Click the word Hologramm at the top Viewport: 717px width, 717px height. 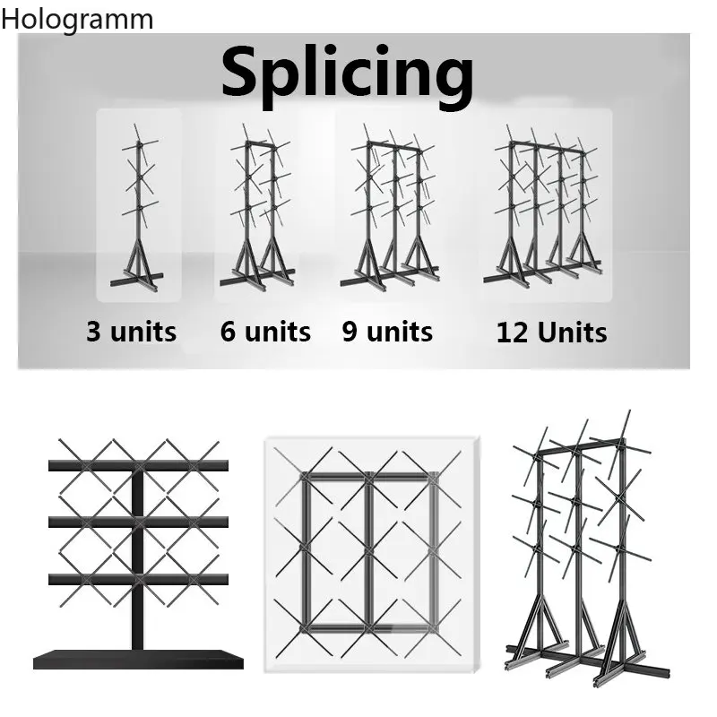coord(77,21)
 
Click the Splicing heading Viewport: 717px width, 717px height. coord(348,75)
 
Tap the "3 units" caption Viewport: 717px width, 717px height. coord(131,332)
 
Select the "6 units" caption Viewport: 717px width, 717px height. coord(265,332)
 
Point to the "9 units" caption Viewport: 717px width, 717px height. coord(387,332)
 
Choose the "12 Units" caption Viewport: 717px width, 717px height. coord(551,333)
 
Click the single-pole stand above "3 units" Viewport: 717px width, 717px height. coord(139,208)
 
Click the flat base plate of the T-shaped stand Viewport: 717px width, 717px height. coord(138,659)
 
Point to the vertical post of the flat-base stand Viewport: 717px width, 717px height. coord(138,557)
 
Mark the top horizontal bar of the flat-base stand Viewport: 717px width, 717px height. coord(138,465)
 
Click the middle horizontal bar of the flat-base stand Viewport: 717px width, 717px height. coord(138,522)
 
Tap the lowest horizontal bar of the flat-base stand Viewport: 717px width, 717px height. coord(138,579)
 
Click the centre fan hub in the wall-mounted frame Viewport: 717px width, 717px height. coord(369,551)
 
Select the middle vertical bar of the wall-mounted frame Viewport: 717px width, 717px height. coord(369,551)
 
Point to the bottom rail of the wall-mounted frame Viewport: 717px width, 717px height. coord(369,629)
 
